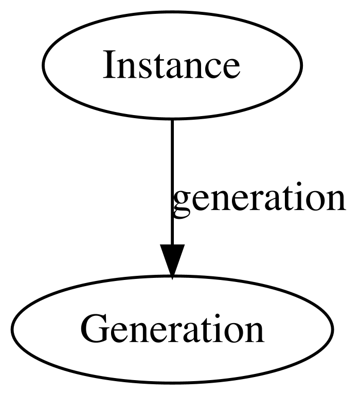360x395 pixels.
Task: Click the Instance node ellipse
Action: coord(172,65)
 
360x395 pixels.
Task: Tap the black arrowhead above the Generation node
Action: coord(172,262)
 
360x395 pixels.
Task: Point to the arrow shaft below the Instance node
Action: coord(172,182)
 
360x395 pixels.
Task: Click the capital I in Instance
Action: coord(109,65)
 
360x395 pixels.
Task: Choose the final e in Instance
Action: coord(232,69)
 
